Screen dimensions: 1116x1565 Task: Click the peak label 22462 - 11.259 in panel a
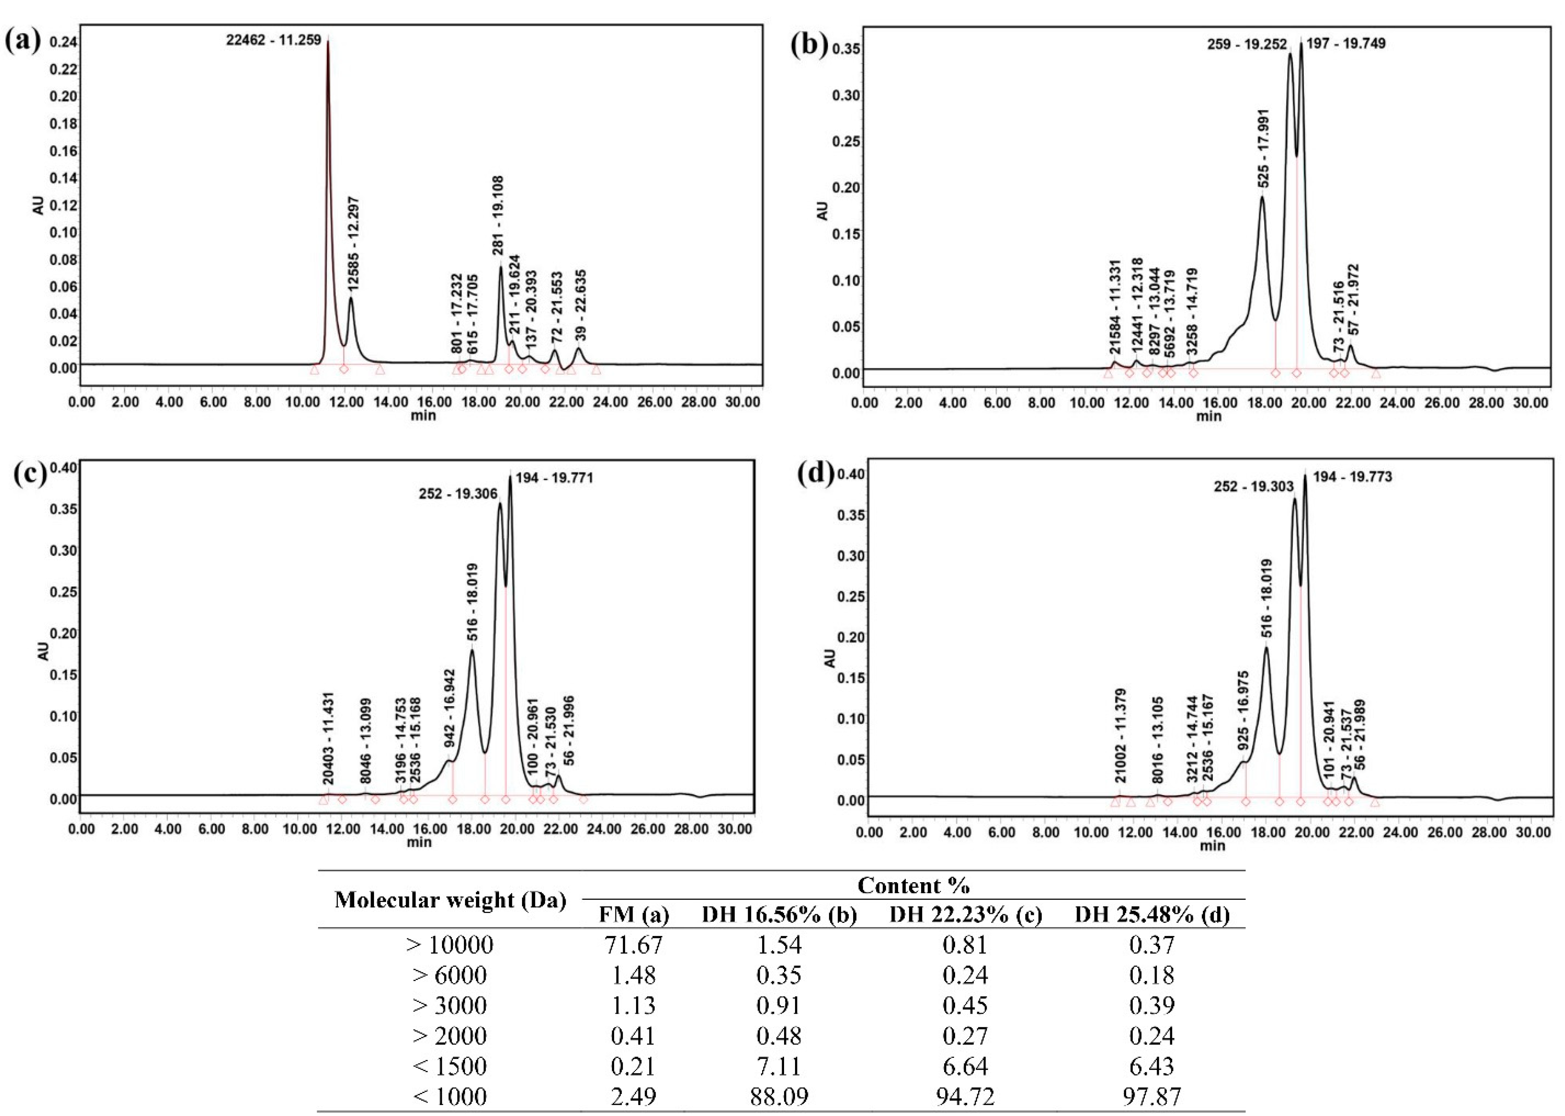tap(274, 40)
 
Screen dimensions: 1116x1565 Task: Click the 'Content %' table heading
tap(913, 885)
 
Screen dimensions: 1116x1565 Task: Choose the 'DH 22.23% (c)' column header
tap(966, 915)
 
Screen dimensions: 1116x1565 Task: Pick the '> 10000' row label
tap(450, 945)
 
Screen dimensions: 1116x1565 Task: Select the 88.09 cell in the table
tap(779, 1095)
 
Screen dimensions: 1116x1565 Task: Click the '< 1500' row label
tap(450, 1066)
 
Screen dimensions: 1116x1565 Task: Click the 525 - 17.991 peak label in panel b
tap(1263, 148)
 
